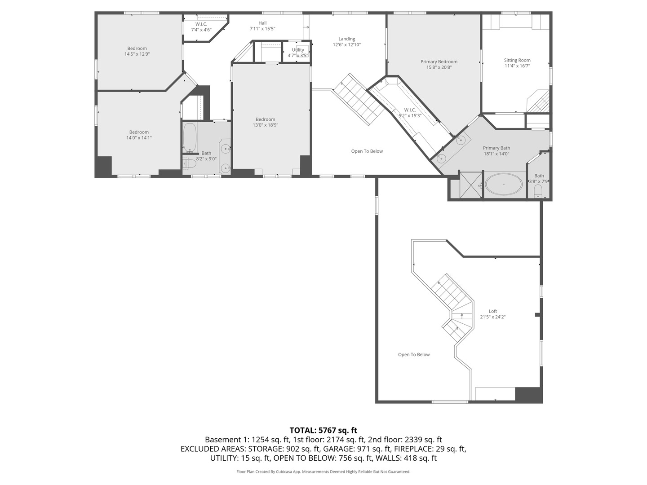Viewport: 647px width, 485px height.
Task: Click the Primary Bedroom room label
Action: click(439, 62)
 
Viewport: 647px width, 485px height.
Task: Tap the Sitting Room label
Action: click(517, 60)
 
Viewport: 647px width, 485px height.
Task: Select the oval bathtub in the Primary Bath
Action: click(504, 185)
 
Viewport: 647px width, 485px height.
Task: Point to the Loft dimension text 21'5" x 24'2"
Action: click(493, 317)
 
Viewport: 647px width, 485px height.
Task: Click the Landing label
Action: click(346, 39)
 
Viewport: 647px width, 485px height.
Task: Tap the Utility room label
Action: click(298, 50)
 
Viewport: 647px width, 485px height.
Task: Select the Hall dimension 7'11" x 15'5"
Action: click(262, 29)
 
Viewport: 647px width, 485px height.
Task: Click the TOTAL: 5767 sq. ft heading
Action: click(323, 430)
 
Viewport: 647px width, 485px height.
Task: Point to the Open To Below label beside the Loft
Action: click(414, 355)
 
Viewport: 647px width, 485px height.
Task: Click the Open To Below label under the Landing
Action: click(367, 151)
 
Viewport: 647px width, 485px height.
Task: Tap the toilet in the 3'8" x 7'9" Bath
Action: click(538, 193)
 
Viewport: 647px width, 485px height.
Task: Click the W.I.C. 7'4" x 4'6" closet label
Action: click(201, 24)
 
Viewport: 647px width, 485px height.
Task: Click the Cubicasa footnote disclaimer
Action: click(323, 472)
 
